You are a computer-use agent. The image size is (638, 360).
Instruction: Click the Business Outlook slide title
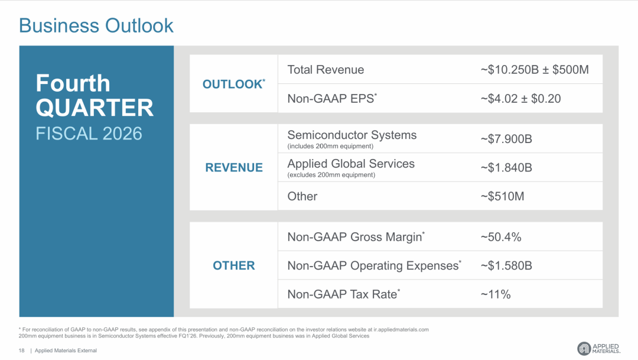(x=96, y=25)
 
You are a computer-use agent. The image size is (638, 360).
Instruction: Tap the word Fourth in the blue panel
(x=73, y=83)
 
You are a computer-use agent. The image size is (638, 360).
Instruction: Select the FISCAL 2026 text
(x=89, y=134)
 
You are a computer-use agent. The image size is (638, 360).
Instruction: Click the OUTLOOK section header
(x=233, y=84)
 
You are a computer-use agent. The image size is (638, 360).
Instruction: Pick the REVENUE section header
(x=234, y=167)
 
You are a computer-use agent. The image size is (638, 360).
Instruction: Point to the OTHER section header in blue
(x=234, y=265)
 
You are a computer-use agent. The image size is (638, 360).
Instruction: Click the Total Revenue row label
(x=325, y=70)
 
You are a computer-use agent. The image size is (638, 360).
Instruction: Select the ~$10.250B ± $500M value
(x=535, y=70)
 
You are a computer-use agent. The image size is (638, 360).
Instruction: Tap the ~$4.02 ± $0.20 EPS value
(x=520, y=99)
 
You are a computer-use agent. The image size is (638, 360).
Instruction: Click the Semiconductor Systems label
(x=352, y=135)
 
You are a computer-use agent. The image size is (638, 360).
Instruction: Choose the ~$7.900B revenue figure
(x=506, y=140)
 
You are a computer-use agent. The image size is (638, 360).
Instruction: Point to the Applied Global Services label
(x=351, y=164)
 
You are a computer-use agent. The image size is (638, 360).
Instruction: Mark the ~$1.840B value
(x=506, y=168)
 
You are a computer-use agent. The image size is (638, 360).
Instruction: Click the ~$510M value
(x=502, y=196)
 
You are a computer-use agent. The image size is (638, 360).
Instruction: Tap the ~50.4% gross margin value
(x=501, y=237)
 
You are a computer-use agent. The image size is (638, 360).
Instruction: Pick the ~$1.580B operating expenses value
(x=506, y=265)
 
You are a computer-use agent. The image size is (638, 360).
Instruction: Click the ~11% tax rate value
(x=496, y=294)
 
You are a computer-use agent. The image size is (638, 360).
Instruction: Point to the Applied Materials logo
(x=598, y=349)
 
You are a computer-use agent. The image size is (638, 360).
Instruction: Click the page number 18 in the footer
(x=22, y=351)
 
